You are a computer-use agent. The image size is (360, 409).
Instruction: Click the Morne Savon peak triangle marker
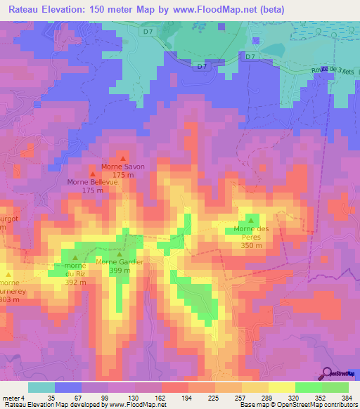tap(124, 158)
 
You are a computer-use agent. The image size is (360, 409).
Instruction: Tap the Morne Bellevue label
tap(93, 182)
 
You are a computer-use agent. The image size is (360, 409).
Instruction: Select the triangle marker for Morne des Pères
tap(251, 220)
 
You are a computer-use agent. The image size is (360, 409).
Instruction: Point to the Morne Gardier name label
tap(120, 262)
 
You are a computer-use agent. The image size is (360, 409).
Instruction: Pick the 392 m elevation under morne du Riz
tap(75, 283)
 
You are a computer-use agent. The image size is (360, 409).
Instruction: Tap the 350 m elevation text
tap(251, 246)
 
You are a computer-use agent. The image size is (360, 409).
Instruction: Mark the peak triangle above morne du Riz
tap(75, 258)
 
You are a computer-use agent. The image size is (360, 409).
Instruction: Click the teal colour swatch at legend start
tap(41, 387)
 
